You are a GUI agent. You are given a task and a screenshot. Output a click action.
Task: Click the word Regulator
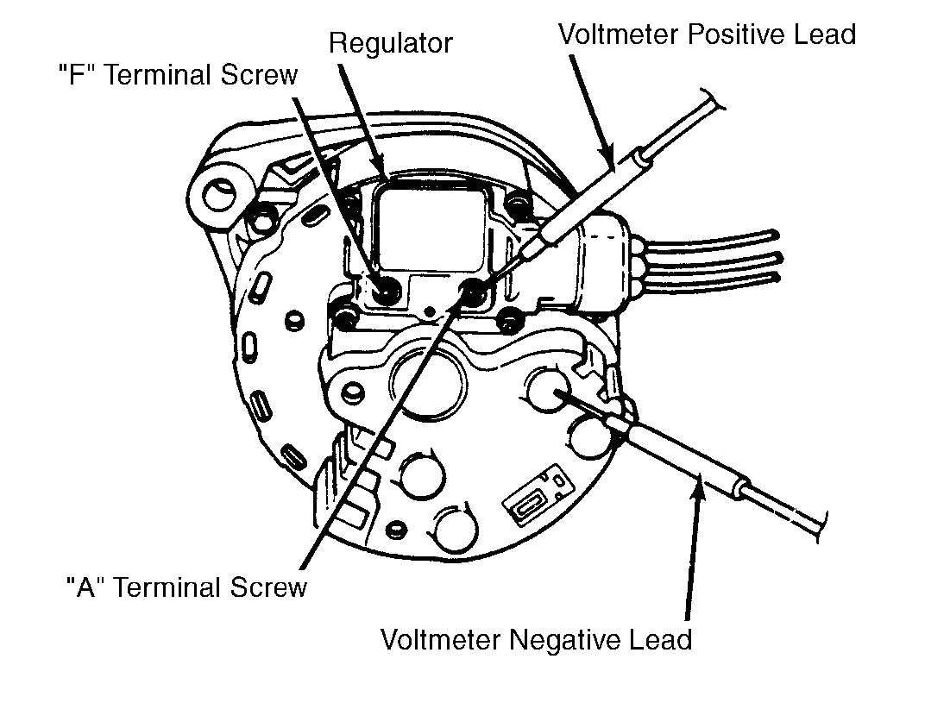tap(391, 43)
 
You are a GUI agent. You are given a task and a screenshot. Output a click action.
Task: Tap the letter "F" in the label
tap(74, 75)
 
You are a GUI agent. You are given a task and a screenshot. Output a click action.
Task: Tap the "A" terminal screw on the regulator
tap(474, 289)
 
